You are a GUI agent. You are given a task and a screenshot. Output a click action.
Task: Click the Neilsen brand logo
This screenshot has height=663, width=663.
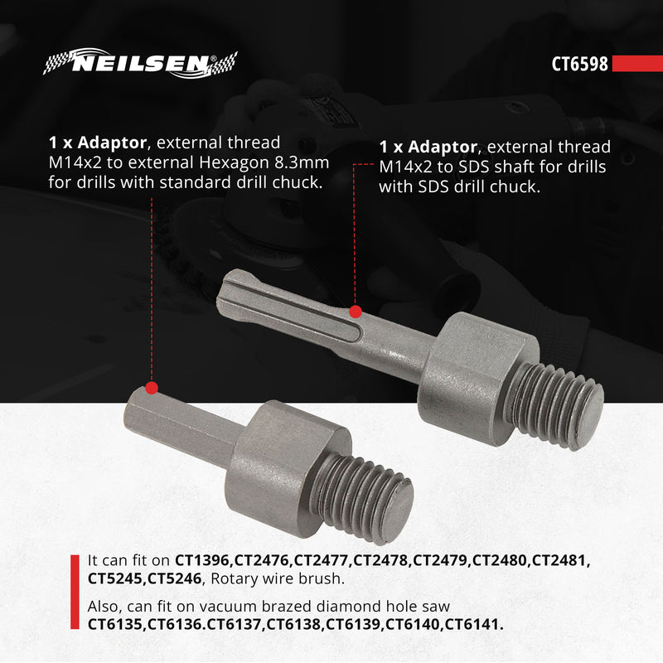[140, 65]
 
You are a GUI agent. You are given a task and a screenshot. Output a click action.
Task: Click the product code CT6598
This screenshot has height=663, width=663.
[580, 65]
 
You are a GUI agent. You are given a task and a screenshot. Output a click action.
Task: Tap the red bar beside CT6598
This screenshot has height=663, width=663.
[637, 65]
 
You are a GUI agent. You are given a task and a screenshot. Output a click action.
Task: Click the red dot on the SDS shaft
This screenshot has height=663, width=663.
[356, 312]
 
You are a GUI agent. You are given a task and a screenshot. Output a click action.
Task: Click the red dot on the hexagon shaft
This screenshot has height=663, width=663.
[152, 387]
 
